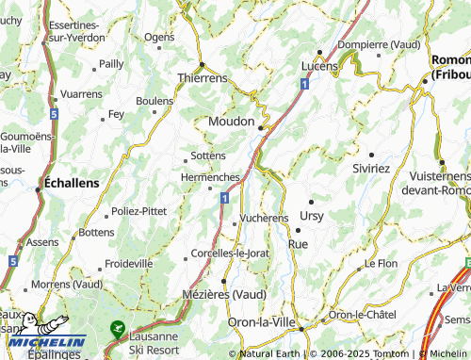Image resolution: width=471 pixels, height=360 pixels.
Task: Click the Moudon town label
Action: tap(231, 122)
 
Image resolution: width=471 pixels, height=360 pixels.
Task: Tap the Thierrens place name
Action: tap(203, 78)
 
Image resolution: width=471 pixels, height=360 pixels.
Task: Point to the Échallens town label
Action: tap(73, 183)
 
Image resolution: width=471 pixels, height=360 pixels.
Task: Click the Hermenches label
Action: tap(210, 176)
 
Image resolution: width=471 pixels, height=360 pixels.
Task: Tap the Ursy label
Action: tap(311, 215)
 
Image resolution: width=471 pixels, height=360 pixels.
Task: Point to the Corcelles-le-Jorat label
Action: tap(231, 253)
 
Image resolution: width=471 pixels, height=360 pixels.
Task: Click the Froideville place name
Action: tap(129, 264)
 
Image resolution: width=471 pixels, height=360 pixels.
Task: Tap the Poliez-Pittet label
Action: tap(138, 211)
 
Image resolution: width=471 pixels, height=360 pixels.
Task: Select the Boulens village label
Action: tap(154, 100)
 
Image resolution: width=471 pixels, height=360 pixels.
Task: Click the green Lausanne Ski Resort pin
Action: tap(117, 329)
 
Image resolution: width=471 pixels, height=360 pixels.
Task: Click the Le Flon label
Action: tap(381, 263)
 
